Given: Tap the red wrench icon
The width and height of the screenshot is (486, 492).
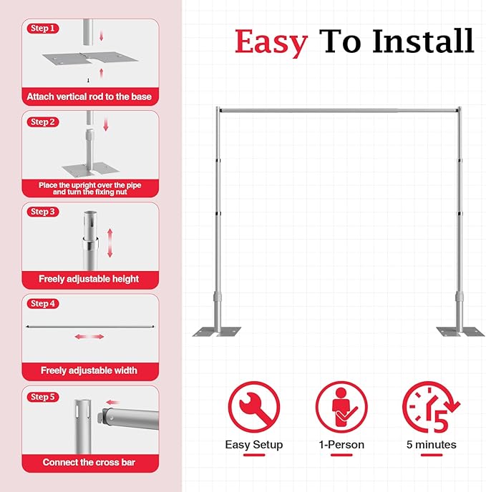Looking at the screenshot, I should point(253,405).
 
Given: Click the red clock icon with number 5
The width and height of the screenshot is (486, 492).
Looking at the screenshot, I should point(430,406).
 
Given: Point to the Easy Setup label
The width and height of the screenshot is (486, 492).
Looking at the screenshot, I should point(254,445).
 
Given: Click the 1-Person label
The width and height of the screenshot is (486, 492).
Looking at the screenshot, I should point(341,445).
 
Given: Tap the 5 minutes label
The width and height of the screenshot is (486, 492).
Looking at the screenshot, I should point(431,445).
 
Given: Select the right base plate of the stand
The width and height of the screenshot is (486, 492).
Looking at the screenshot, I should point(460,331).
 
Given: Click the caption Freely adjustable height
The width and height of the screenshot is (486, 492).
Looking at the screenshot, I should point(89,279).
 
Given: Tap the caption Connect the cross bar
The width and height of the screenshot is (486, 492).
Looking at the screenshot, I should point(89,463).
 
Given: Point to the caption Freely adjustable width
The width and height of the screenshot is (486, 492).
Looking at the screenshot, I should point(89,370).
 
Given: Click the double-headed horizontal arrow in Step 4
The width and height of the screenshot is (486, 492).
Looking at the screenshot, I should point(89,337).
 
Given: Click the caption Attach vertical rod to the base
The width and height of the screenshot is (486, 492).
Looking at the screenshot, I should point(89,96).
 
